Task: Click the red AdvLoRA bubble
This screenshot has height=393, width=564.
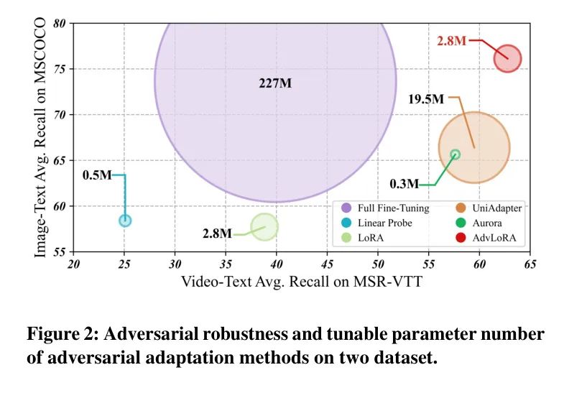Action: click(x=507, y=58)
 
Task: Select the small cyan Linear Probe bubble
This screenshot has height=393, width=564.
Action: click(x=125, y=220)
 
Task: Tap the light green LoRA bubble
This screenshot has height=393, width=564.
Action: click(x=264, y=227)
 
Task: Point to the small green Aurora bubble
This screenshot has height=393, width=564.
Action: click(x=455, y=154)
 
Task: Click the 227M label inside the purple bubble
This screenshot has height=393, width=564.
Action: click(x=275, y=83)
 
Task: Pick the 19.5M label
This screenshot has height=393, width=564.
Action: click(x=426, y=98)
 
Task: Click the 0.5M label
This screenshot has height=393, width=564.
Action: click(x=97, y=175)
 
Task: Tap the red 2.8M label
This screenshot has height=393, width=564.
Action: click(x=451, y=41)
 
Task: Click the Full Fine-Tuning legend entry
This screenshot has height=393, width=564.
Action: click(x=387, y=208)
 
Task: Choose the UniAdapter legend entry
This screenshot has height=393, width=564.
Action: click(x=491, y=208)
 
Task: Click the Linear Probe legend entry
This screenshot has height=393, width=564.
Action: click(x=380, y=222)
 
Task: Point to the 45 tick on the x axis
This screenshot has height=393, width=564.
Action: click(x=327, y=264)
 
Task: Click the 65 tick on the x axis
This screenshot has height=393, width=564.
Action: click(x=530, y=264)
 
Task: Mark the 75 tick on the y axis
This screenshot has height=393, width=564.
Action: click(x=60, y=69)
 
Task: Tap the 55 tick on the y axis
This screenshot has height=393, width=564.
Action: click(x=60, y=252)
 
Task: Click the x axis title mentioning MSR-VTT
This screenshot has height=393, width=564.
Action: click(x=301, y=282)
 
